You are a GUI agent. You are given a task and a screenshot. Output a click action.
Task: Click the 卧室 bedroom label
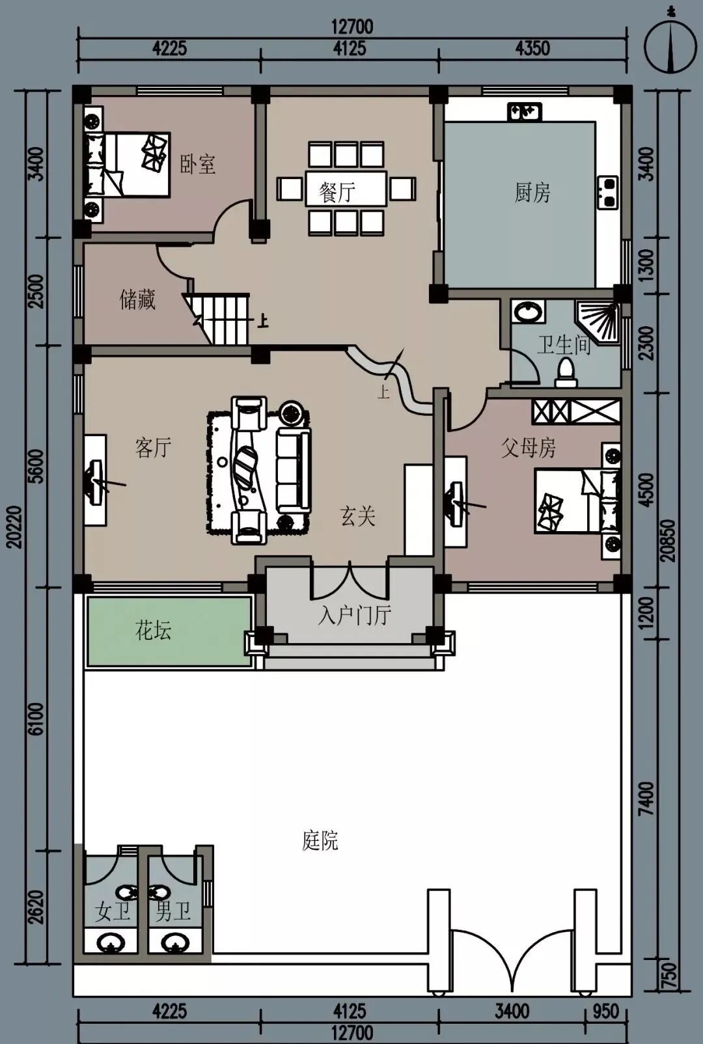pos(198,164)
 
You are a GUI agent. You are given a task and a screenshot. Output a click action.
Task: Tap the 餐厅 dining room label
pos(337,192)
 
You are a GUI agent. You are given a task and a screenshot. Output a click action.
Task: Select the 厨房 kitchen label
pos(532,192)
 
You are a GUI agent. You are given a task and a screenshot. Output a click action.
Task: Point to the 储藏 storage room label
pos(137,299)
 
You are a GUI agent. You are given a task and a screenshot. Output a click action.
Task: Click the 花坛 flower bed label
pos(153,630)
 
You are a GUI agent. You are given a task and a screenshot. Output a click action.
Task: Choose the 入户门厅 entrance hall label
pos(354,616)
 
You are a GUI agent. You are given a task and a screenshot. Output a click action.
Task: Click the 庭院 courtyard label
pos(320,841)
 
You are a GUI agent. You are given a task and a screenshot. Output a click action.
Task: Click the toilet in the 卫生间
pos(566,374)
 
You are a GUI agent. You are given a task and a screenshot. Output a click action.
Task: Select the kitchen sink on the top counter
pos(525,111)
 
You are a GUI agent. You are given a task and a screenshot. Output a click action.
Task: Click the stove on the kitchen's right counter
pos(607,192)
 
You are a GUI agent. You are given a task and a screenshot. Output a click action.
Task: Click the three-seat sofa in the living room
pos(294,471)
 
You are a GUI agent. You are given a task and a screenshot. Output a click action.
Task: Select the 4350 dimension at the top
pos(532,48)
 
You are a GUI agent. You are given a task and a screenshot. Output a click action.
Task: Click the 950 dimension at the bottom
pos(606,1011)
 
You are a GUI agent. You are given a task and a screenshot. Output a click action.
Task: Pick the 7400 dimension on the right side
pos(648,799)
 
